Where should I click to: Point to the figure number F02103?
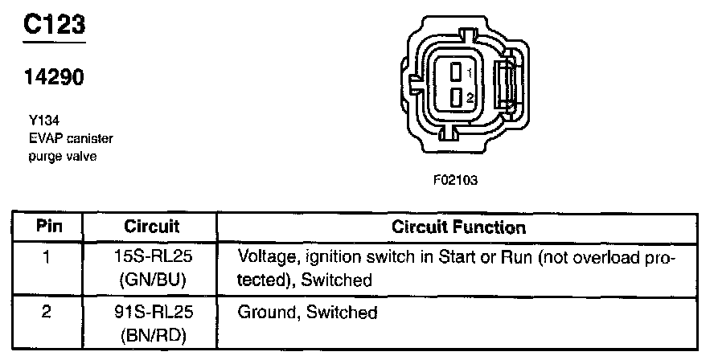455,180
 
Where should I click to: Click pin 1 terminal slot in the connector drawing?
455,72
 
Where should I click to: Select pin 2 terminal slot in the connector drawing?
455,97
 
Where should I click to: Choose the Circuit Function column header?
459,227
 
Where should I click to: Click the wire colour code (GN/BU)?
154,280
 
